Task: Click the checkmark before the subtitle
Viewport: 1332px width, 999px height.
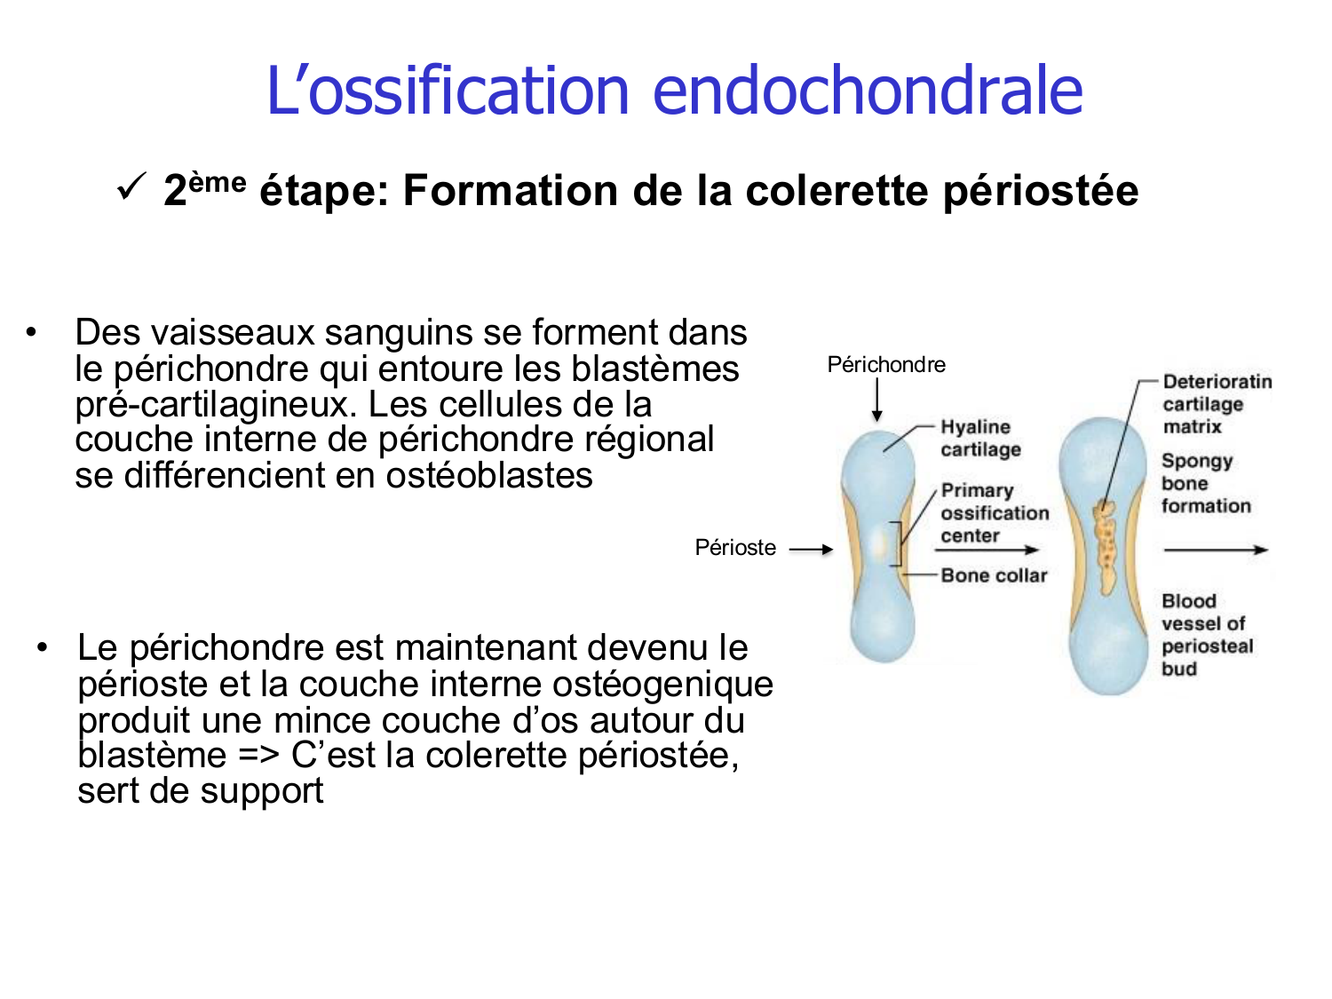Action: click(x=131, y=187)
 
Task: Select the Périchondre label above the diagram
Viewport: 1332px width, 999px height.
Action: click(x=886, y=364)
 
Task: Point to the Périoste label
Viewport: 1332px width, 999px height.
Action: click(x=735, y=547)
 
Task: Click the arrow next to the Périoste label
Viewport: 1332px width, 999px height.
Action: click(x=811, y=550)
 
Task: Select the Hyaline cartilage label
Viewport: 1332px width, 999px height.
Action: click(x=980, y=438)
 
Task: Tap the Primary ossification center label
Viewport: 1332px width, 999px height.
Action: click(x=995, y=512)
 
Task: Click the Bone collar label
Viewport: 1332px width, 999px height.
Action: click(x=994, y=575)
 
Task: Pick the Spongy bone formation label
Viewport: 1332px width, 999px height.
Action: click(x=1205, y=483)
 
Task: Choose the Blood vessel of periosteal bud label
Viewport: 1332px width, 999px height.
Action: click(x=1206, y=634)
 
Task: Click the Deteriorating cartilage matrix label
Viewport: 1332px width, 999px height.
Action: click(x=1217, y=404)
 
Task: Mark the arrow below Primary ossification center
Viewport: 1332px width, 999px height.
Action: click(x=987, y=550)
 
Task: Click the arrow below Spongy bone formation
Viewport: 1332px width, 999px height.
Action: click(x=1215, y=550)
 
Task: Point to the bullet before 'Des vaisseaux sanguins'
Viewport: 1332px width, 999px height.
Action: click(x=32, y=333)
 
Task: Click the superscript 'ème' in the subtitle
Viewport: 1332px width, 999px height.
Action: click(x=218, y=182)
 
